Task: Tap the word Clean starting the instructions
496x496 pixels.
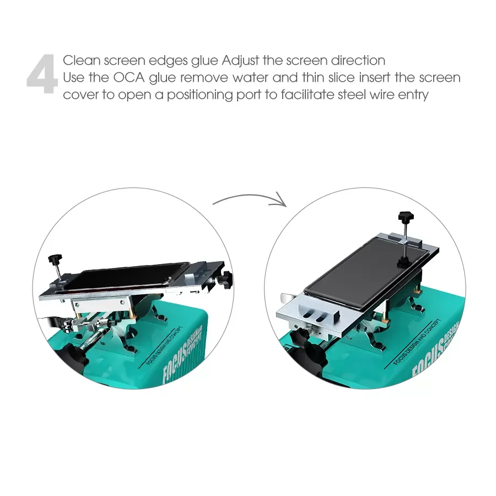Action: (81, 60)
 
